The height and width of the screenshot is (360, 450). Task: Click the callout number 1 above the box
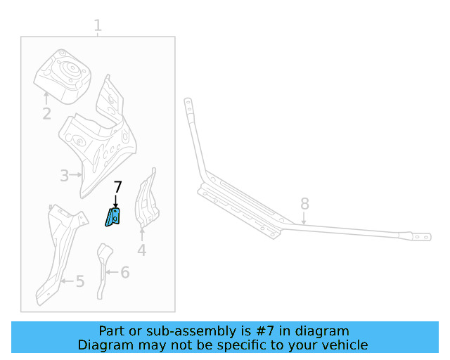(98, 26)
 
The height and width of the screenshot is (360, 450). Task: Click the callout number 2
(46, 113)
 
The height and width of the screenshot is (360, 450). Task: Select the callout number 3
(64, 176)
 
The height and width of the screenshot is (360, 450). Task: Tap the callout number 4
(142, 250)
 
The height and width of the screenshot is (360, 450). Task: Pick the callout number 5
(79, 282)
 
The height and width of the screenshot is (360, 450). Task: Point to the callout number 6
(124, 272)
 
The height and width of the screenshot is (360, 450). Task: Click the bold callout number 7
(117, 187)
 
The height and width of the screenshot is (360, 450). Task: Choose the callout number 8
(304, 204)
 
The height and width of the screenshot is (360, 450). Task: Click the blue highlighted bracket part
(113, 217)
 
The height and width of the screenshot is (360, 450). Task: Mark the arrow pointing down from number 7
(117, 202)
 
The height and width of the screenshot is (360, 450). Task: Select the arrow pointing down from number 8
(304, 218)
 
